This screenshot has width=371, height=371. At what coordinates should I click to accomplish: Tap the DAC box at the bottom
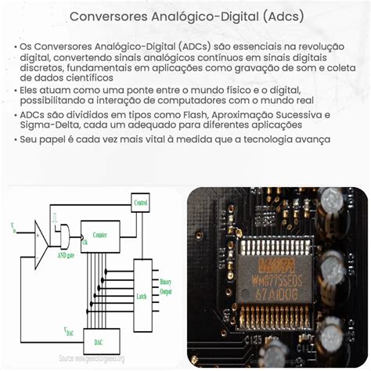click(x=99, y=340)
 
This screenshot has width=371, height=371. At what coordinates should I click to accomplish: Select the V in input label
click(x=13, y=229)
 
